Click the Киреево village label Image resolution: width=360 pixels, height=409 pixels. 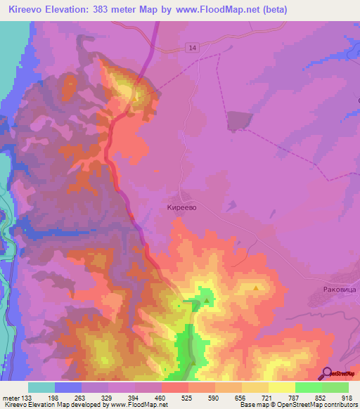(186, 208)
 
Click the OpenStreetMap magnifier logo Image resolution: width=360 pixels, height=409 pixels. (326, 373)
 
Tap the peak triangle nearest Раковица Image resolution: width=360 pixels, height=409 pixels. (257, 287)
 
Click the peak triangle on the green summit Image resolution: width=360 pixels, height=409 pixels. (207, 300)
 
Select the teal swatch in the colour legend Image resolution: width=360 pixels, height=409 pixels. (41, 387)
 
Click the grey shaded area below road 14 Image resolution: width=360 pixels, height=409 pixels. (238, 120)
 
